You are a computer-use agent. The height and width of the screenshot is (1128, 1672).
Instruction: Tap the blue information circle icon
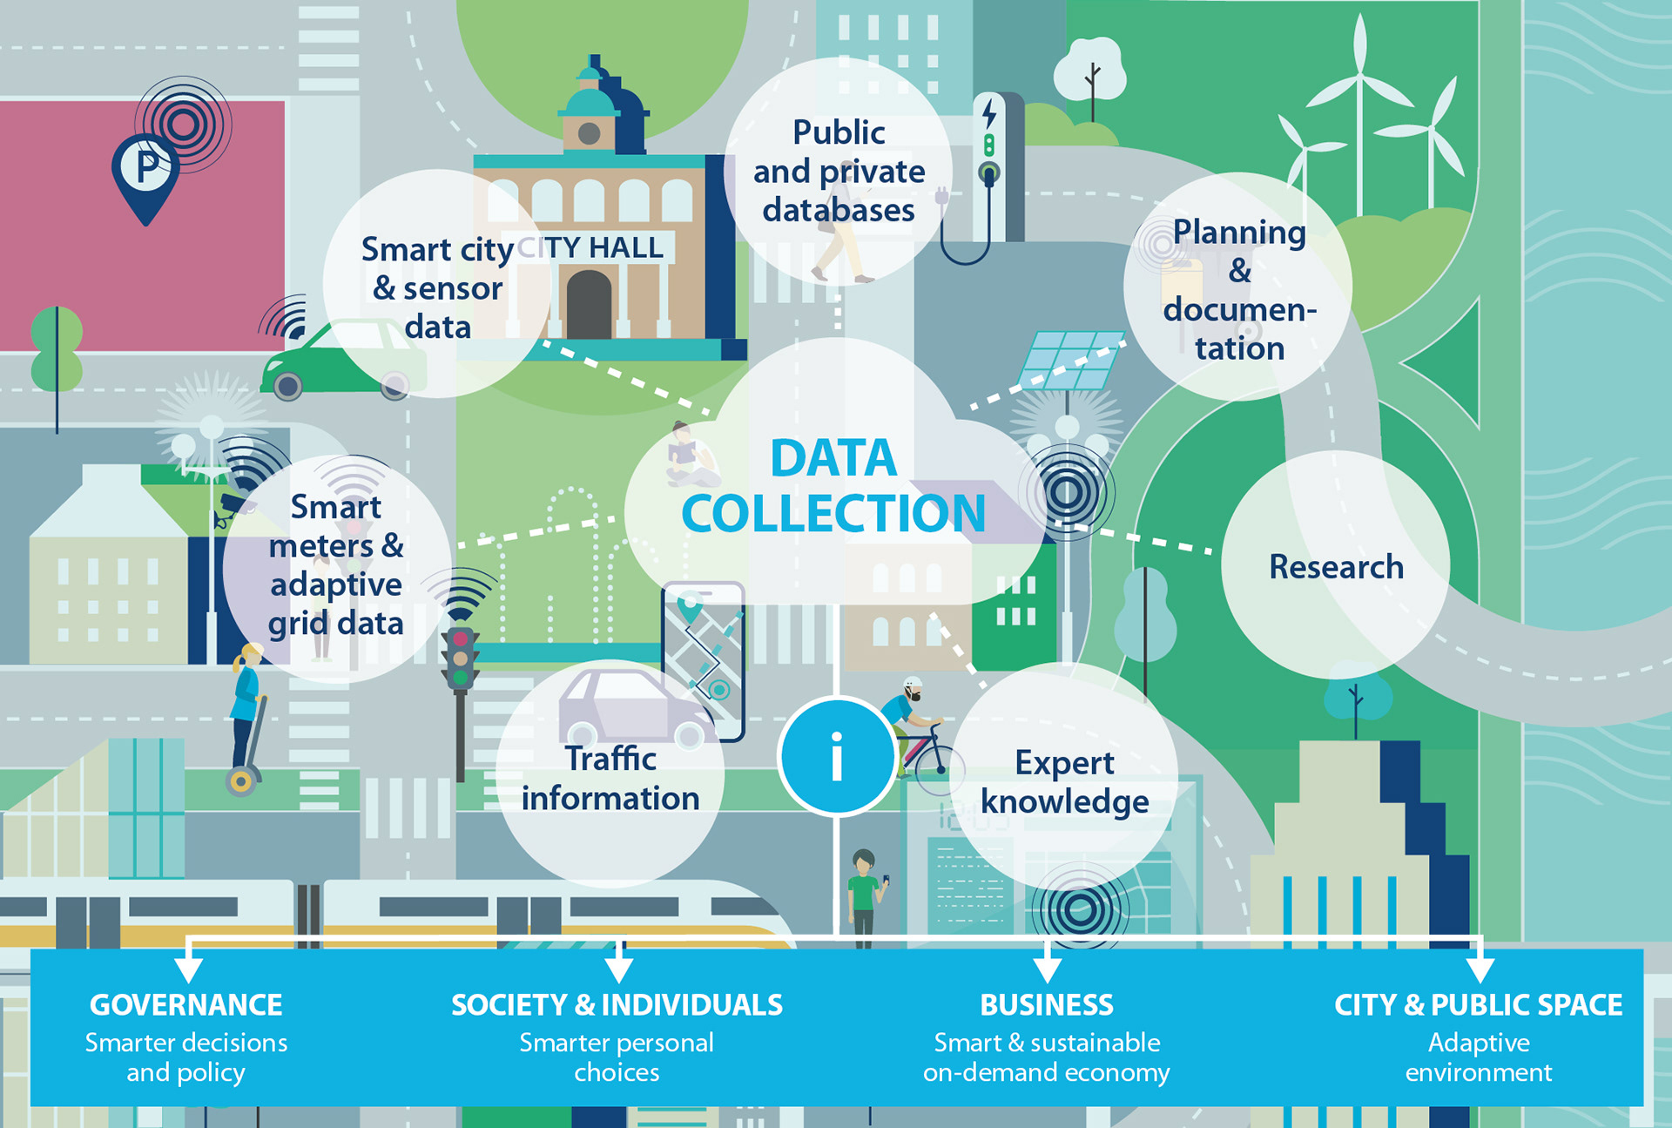point(837,756)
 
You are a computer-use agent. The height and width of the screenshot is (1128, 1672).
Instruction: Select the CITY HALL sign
point(592,247)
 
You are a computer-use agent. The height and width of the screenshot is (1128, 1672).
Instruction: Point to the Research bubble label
point(1336,567)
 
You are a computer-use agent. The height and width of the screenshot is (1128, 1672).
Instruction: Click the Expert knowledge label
point(1064,782)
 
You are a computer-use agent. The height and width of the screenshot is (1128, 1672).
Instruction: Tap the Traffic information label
point(610,779)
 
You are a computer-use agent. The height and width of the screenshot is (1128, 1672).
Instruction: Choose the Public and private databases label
point(839,172)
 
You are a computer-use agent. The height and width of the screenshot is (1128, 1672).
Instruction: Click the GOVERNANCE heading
point(185,1004)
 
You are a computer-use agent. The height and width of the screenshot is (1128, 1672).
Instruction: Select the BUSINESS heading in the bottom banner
point(1047,1004)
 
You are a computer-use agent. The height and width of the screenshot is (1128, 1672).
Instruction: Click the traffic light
point(460,659)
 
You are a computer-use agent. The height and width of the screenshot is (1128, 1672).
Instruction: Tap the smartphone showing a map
point(704,659)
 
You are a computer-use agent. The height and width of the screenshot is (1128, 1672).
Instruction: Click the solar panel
point(1071,360)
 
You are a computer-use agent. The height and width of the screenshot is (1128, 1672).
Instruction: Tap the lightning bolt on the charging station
point(989,114)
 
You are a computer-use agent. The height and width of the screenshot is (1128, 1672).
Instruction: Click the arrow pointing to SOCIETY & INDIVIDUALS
point(618,967)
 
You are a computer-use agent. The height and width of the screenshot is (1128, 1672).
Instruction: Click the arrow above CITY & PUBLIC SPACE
point(1480,967)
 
